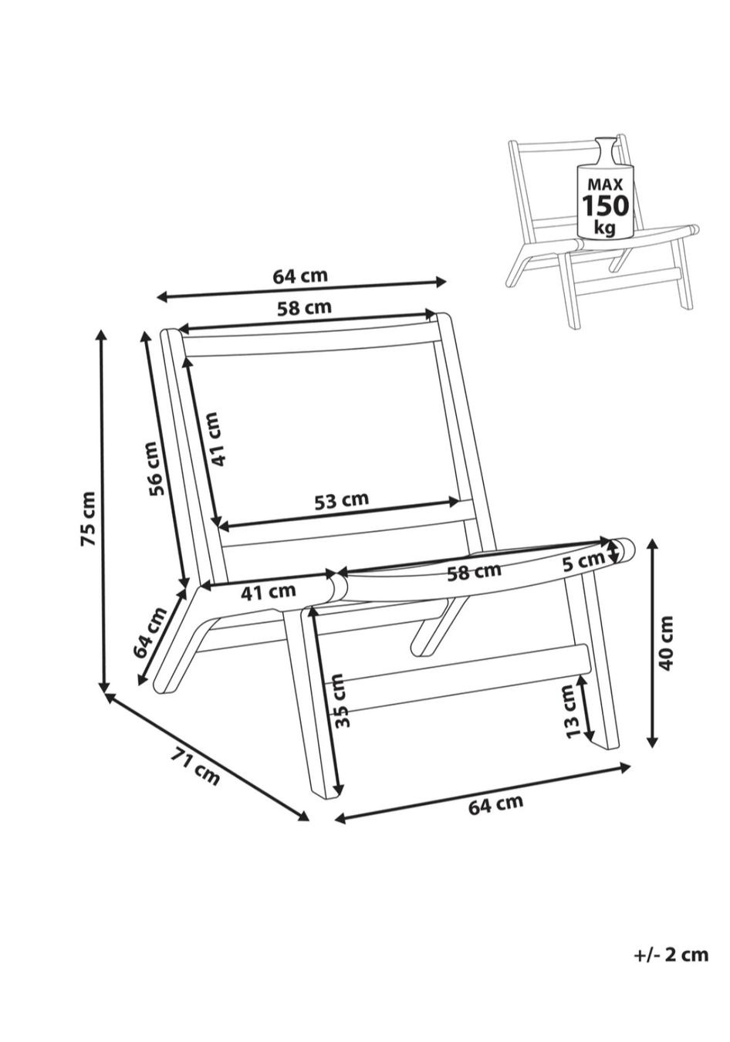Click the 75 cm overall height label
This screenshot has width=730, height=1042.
[x=88, y=518]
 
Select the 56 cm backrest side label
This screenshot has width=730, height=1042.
[x=155, y=469]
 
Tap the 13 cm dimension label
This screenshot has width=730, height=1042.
[x=572, y=711]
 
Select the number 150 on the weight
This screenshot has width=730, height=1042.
[x=606, y=205]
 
